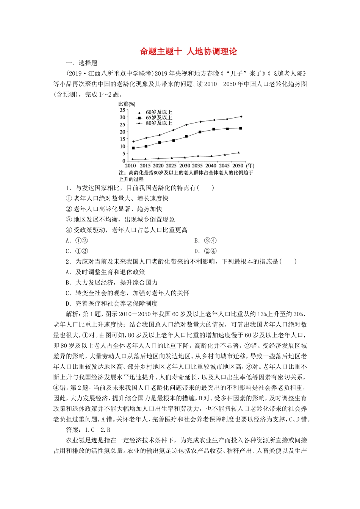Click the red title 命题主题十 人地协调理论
click(188, 52)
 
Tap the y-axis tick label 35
click(122, 110)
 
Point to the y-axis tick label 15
click(122, 139)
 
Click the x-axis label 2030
click(185, 166)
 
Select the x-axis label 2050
click(238, 166)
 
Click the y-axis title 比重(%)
click(127, 104)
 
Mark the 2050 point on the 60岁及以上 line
click(241, 117)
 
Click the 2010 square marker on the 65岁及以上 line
click(133, 148)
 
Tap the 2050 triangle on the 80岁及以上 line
click(238, 153)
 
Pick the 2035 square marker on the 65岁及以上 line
click(200, 132)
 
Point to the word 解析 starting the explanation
click(72, 314)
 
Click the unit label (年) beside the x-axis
click(250, 166)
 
